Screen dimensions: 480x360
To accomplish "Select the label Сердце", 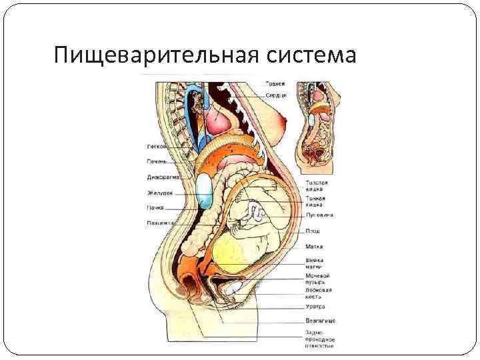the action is click(x=276, y=95).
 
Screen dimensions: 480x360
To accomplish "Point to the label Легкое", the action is click(x=157, y=146).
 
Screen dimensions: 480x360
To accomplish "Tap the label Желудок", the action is click(x=159, y=193).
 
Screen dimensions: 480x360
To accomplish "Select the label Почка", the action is click(x=156, y=207).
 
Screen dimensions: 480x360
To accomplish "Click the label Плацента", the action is click(x=160, y=223).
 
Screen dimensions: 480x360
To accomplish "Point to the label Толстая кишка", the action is click(x=317, y=186).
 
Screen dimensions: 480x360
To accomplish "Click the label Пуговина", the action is click(x=319, y=215).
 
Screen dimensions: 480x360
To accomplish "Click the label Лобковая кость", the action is click(x=319, y=294).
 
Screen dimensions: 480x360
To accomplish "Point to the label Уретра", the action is click(x=315, y=307).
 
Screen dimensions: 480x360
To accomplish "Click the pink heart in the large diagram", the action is click(x=219, y=121).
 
